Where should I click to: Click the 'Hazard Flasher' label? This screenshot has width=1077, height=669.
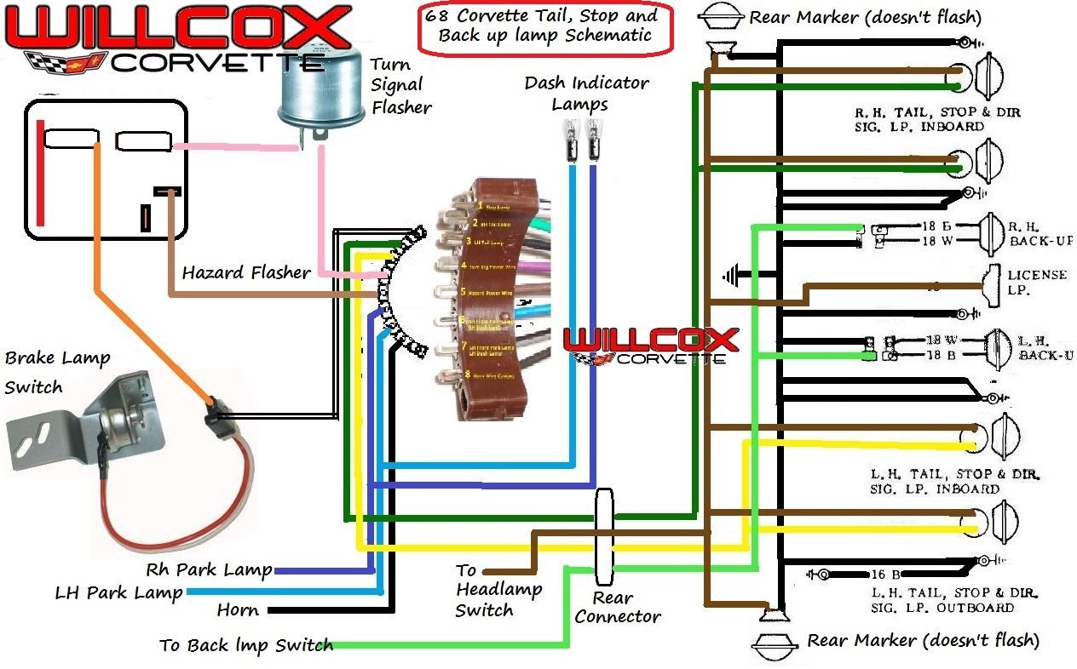point(246,273)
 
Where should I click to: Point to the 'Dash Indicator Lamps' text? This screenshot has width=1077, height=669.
point(586,94)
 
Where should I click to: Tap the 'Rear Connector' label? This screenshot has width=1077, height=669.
point(617,607)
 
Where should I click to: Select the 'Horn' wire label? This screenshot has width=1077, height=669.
point(238,610)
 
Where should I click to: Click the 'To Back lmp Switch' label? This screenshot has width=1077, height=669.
point(245,646)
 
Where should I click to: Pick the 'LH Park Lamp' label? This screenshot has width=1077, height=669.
point(118,592)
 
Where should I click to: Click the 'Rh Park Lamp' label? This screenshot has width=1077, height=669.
point(209,569)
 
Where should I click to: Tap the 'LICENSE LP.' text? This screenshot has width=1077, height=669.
point(1037,282)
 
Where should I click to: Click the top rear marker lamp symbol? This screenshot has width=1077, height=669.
point(721,16)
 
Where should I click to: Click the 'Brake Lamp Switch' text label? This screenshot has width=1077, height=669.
point(57,372)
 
